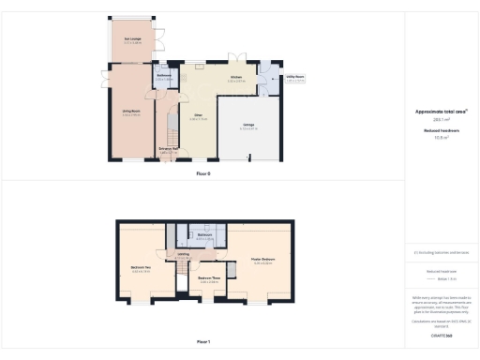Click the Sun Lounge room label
(132, 38)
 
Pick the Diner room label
(198, 114)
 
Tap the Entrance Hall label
(169, 149)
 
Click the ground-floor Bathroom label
(163, 76)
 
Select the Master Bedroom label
(262, 260)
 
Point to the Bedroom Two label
(141, 268)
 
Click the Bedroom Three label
(208, 278)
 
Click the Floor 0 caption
(203, 174)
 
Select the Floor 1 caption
(203, 341)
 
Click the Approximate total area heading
(441, 111)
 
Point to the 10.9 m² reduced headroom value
(441, 137)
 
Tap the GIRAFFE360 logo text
(441, 334)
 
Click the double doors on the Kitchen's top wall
(236, 61)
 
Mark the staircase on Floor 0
(171, 124)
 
